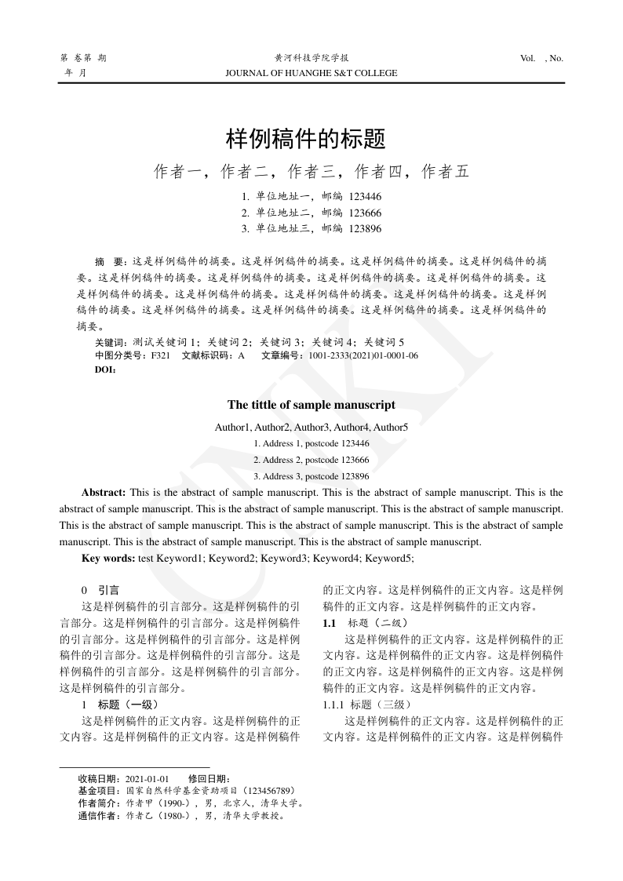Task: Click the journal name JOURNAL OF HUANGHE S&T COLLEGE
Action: click(x=311, y=73)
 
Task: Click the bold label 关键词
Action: click(x=109, y=343)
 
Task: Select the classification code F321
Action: click(x=161, y=356)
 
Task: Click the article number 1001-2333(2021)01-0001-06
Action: click(x=363, y=356)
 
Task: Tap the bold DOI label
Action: click(x=104, y=370)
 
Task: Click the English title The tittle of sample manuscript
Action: click(x=311, y=405)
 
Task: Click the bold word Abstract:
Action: click(x=104, y=493)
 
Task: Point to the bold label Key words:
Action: click(x=108, y=558)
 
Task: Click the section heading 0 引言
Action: click(x=100, y=590)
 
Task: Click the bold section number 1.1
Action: click(x=330, y=623)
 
